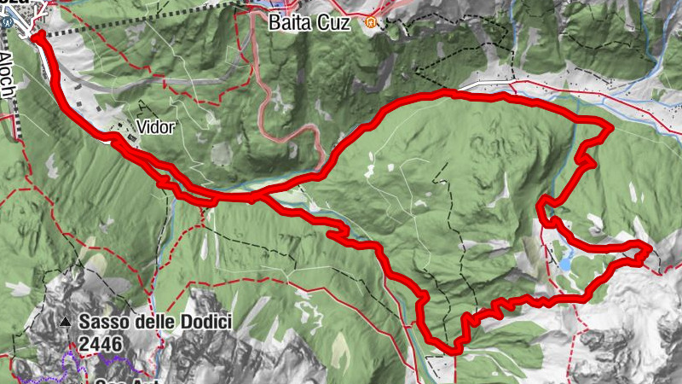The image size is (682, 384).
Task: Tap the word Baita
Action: pos(288,22)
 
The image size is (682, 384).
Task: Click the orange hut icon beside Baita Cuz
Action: pos(370,22)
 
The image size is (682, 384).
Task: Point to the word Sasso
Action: pos(105,323)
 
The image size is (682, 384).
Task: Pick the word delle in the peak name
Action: pos(150,323)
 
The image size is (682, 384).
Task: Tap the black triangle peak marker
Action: pos(66,323)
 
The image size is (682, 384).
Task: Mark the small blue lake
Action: pos(565,264)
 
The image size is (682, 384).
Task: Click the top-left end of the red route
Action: pos(36,35)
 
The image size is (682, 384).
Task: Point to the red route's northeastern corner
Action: pos(609,129)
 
